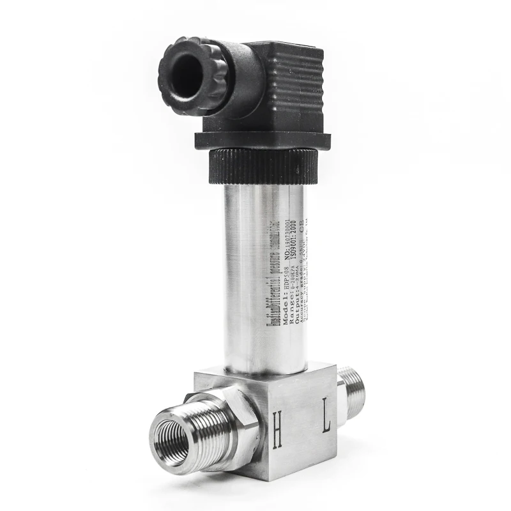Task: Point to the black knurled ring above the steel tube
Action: (x=262, y=164)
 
